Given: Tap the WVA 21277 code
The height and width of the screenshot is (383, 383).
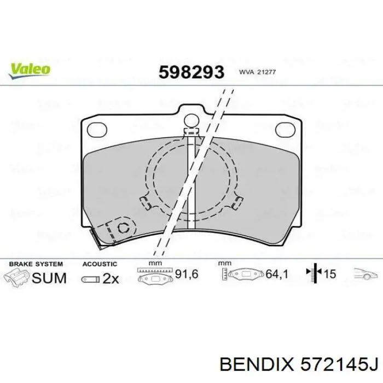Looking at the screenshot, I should pyautogui.click(x=252, y=72).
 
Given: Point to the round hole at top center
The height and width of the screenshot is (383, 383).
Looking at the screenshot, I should pyautogui.click(x=191, y=121).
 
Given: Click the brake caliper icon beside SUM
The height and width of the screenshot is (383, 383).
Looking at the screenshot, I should pyautogui.click(x=16, y=276).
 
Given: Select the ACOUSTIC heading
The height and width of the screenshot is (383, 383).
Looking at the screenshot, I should pyautogui.click(x=100, y=264).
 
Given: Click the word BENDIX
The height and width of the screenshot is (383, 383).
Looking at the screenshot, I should pyautogui.click(x=255, y=363).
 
